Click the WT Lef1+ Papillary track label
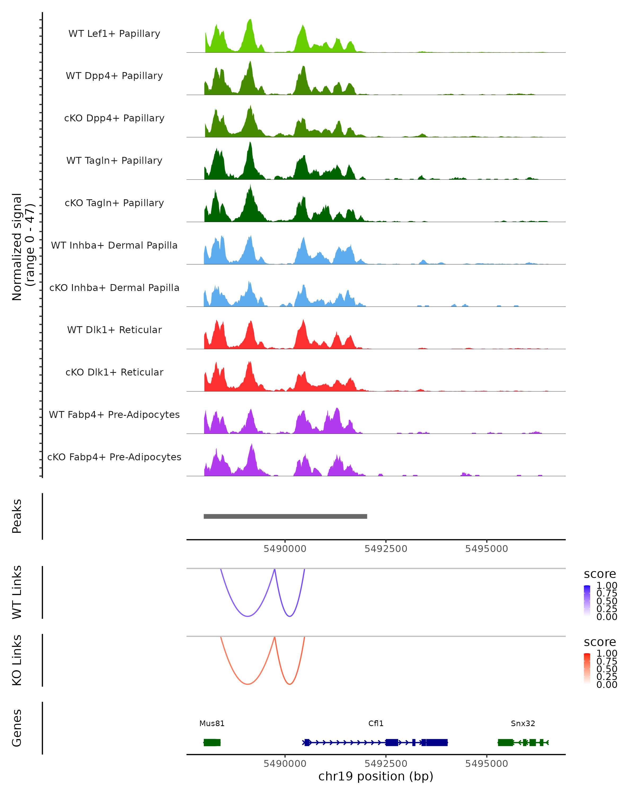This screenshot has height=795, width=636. pyautogui.click(x=114, y=34)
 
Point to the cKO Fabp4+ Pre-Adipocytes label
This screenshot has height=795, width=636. pyautogui.click(x=114, y=457)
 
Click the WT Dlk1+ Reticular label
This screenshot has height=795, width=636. pyautogui.click(x=114, y=330)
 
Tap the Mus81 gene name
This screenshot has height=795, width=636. pyautogui.click(x=212, y=723)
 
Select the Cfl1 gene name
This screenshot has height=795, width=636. pyautogui.click(x=376, y=723)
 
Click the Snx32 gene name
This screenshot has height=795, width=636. pyautogui.click(x=523, y=723)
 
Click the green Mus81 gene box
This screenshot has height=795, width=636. pyautogui.click(x=212, y=742)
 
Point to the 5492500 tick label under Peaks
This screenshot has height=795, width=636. pyautogui.click(x=386, y=549)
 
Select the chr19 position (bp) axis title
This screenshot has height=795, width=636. pyautogui.click(x=376, y=776)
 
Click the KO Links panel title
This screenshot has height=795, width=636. pyautogui.click(x=17, y=660)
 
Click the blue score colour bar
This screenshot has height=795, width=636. pyautogui.click(x=587, y=600)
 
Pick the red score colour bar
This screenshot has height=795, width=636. pyautogui.click(x=587, y=668)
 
